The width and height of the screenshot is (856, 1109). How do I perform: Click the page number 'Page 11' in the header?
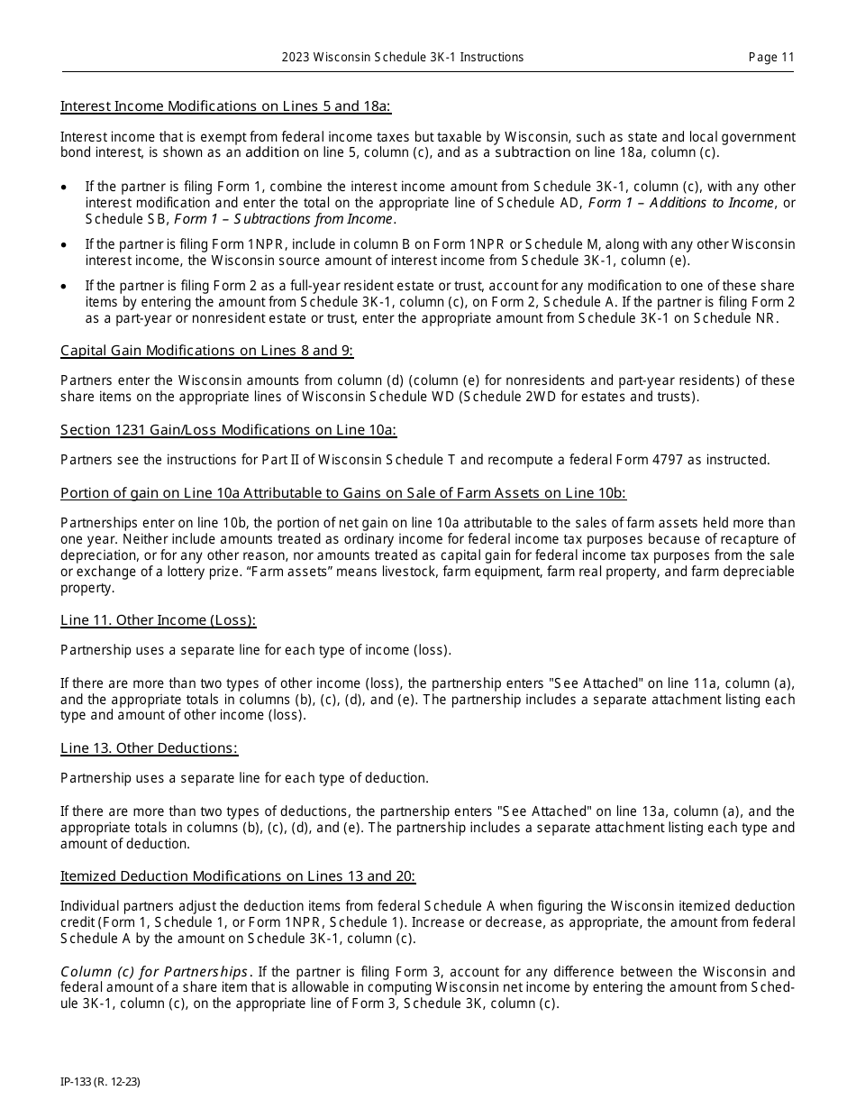[x=771, y=57]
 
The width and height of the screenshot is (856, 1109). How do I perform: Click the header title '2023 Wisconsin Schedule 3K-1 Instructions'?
[x=402, y=57]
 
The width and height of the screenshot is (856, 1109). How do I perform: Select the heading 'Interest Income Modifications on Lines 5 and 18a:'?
[x=225, y=106]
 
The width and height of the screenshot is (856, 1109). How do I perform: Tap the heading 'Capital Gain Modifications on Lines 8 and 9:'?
[x=206, y=351]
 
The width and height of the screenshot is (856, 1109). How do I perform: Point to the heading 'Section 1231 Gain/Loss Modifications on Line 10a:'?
[x=228, y=430]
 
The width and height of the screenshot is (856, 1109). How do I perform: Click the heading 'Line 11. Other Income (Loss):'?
[x=158, y=620]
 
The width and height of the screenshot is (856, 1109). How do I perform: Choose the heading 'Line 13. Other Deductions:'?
[x=149, y=748]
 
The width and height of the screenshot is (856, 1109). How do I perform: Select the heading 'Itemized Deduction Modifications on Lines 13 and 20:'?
[x=238, y=876]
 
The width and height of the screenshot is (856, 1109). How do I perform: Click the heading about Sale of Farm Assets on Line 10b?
[x=342, y=493]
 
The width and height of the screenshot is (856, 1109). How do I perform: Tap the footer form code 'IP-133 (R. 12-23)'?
[x=100, y=1079]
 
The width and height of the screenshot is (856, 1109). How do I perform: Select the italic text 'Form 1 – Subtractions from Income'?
[x=284, y=219]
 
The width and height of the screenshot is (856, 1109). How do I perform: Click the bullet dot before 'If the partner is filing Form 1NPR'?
[x=63, y=244]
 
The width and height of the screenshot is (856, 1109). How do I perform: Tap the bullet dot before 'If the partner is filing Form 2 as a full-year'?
[x=63, y=286]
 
